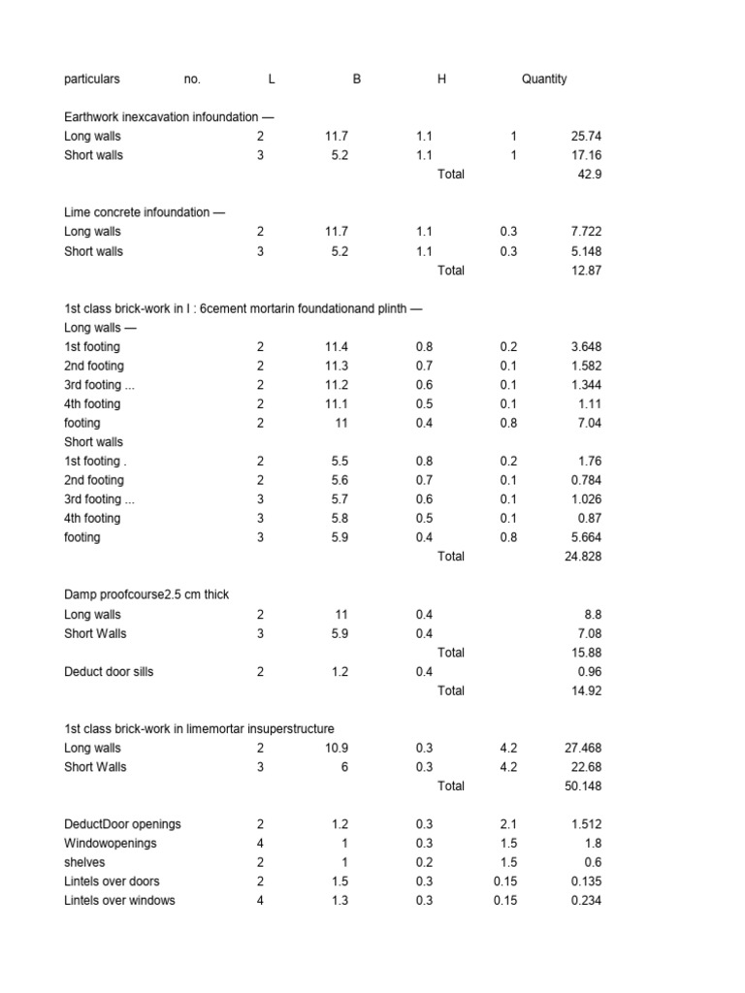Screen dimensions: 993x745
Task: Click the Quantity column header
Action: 543,80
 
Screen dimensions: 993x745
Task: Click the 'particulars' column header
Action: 92,80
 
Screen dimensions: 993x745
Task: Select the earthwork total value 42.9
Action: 589,175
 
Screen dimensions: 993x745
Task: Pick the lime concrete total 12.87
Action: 586,271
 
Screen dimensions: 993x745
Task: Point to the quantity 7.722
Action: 586,232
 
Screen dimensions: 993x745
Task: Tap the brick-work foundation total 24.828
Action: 582,557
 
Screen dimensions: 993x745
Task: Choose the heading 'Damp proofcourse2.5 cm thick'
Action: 146,594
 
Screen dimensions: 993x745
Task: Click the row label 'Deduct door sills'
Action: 109,671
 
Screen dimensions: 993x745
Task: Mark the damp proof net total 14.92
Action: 586,690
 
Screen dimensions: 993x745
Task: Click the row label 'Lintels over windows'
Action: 119,900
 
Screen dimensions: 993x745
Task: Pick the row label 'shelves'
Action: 84,862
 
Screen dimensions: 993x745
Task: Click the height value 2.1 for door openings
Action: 509,824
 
